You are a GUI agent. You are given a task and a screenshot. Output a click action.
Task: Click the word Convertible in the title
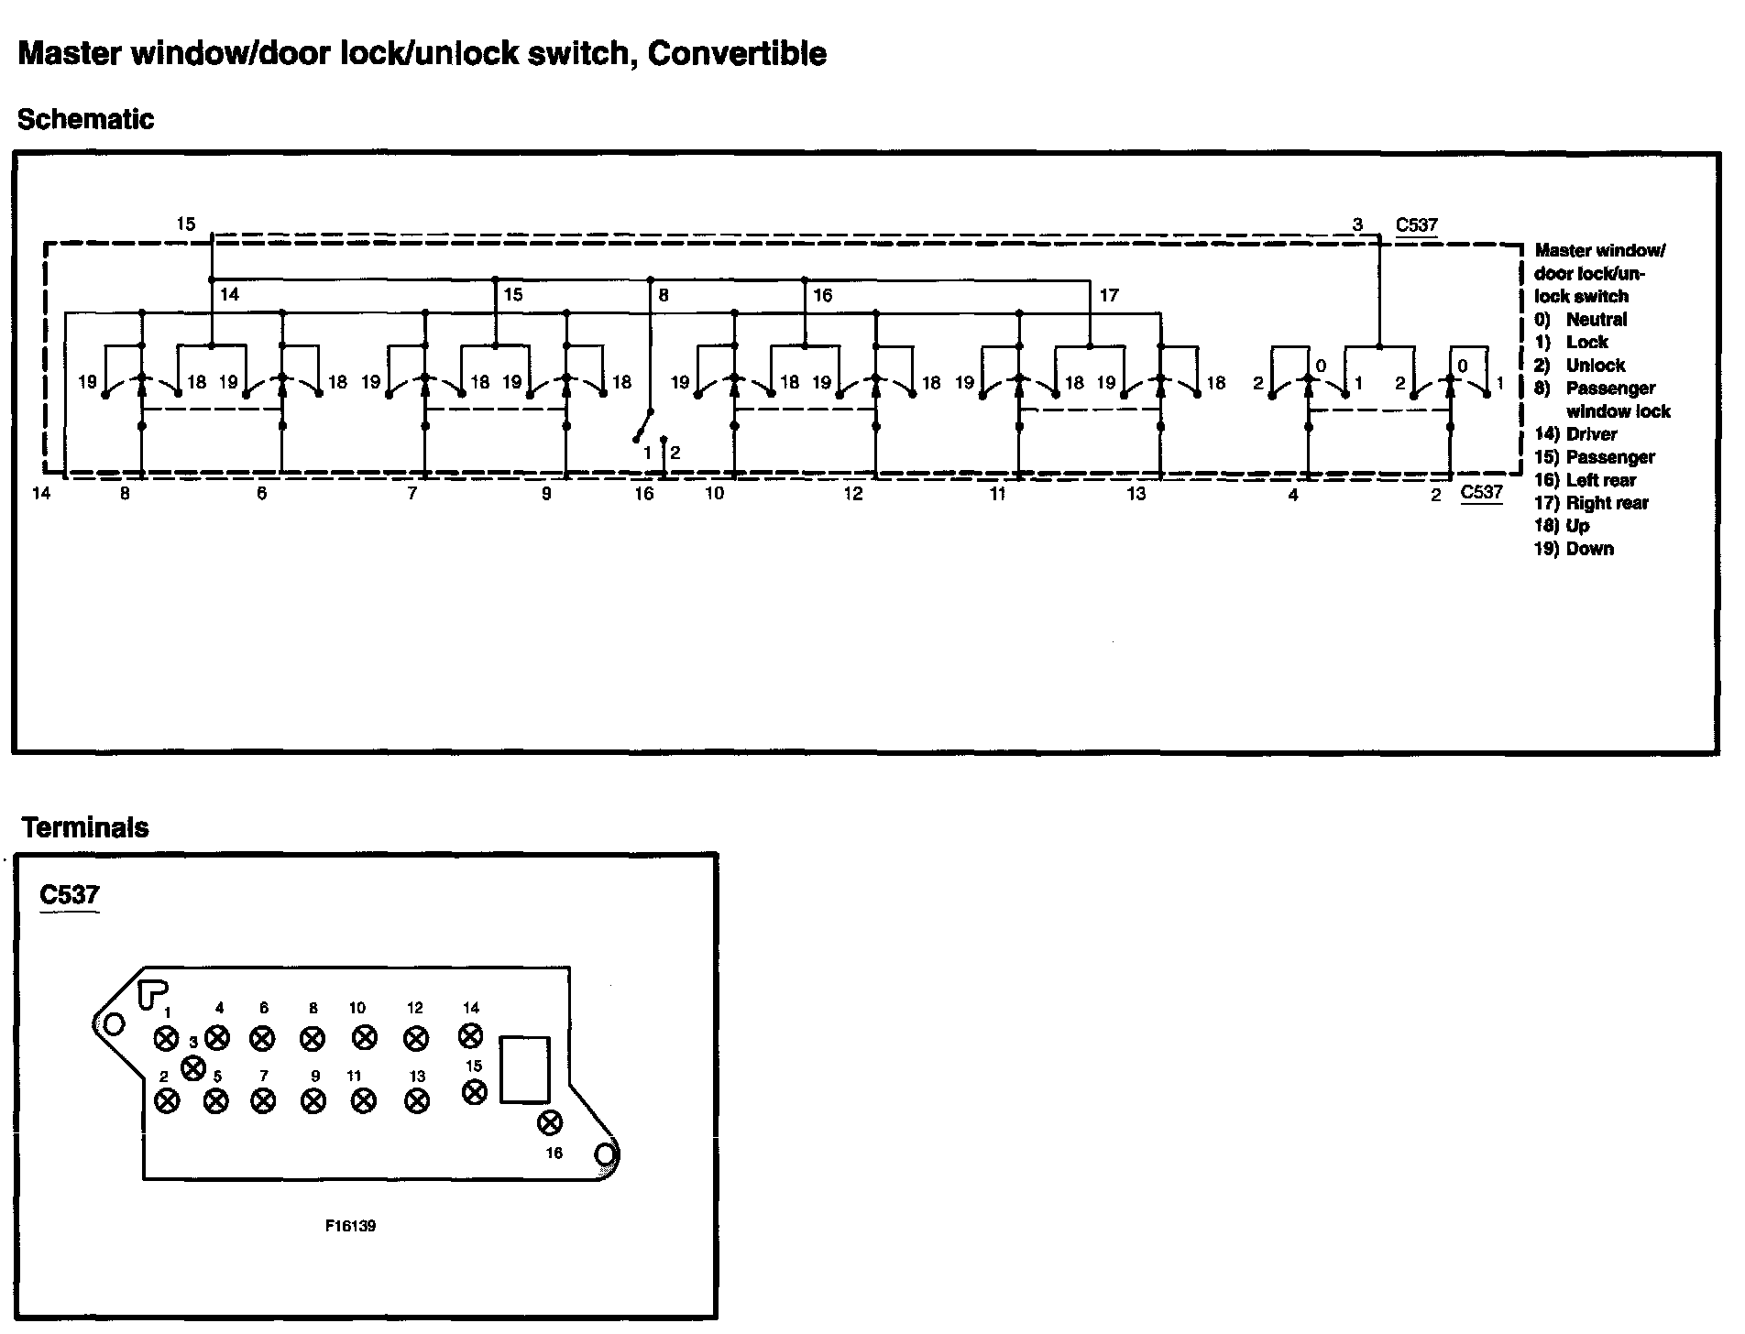coord(737,54)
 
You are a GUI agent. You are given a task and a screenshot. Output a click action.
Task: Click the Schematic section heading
coord(85,120)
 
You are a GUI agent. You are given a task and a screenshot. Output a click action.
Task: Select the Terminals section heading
coord(85,827)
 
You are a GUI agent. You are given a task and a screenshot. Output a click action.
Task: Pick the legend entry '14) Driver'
coord(1575,434)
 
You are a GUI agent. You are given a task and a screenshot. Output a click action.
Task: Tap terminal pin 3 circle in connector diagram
coord(193,1067)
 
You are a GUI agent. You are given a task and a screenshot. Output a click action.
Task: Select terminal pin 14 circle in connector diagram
coord(470,1035)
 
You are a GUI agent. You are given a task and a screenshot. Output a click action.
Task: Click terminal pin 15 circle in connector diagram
coord(474,1091)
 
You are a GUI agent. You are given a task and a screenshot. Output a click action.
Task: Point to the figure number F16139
coord(350,1226)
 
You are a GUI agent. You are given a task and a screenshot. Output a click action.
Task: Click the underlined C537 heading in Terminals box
coord(70,894)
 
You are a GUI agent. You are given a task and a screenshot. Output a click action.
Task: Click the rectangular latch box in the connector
coord(524,1069)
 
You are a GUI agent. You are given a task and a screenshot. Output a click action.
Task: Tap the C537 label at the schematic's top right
coord(1416,225)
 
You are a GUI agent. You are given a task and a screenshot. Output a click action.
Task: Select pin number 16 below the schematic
coord(644,494)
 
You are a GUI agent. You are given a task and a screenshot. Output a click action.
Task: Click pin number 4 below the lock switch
coord(1293,496)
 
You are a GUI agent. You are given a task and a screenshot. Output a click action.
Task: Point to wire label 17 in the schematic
coord(1109,295)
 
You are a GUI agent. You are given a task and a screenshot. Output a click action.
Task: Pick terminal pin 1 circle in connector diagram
coord(166,1039)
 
